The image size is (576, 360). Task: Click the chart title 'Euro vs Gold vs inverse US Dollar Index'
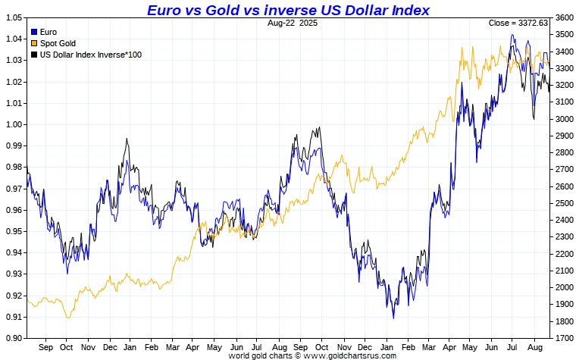[288, 10]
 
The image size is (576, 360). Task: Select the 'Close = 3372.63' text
[518, 23]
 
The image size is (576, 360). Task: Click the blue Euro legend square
[33, 33]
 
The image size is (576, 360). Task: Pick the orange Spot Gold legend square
[33, 44]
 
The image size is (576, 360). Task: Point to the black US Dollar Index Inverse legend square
[33, 55]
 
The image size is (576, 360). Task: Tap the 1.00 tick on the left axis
[14, 124]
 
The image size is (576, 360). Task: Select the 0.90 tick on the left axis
[14, 338]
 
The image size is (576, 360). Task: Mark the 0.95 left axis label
[14, 231]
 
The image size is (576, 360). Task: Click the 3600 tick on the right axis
[564, 17]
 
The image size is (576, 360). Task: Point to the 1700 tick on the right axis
[564, 338]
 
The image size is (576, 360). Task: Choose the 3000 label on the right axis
[564, 119]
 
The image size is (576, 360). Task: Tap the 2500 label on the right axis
[564, 203]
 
